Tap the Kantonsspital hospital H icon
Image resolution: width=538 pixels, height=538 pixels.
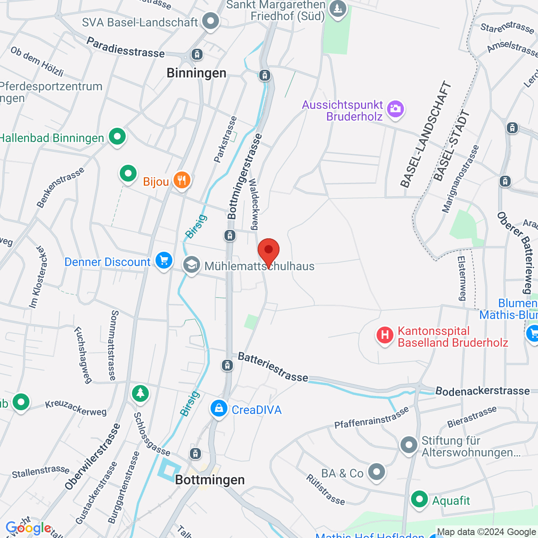pos(385,335)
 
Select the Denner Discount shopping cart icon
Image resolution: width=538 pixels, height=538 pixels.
pos(164,260)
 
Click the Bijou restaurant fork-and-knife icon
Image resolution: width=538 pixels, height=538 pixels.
pos(182,180)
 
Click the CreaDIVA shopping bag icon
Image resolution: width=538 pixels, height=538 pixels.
pos(219,408)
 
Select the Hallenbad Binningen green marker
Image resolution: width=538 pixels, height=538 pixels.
pos(117,137)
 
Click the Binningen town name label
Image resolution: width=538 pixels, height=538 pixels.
pos(196,73)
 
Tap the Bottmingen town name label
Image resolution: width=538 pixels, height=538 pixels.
pos(210,480)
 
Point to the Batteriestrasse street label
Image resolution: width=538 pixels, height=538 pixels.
pos(273,367)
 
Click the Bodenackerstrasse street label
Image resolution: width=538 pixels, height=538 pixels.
pos(483,391)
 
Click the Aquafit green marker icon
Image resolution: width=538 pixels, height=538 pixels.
pos(419,499)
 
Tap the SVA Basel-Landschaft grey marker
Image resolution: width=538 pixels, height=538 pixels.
pos(211,21)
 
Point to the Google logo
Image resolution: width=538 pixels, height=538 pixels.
pos(28,528)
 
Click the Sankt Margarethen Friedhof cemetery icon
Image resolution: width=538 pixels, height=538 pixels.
pos(338,8)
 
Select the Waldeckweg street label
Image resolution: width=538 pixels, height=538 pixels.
pos(253,204)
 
